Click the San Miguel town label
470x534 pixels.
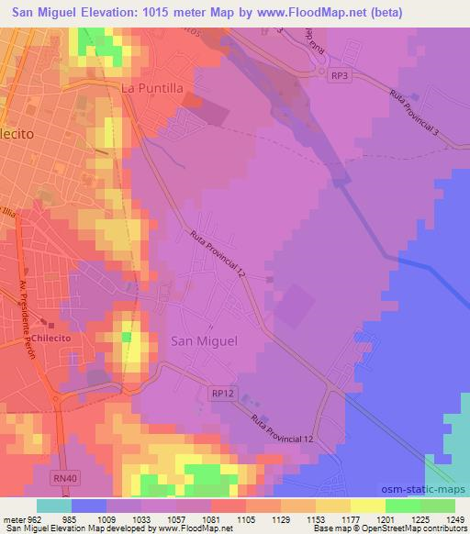204,340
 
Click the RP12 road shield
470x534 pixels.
222,393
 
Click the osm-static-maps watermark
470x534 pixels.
430,491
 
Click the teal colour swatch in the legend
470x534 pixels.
54,505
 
